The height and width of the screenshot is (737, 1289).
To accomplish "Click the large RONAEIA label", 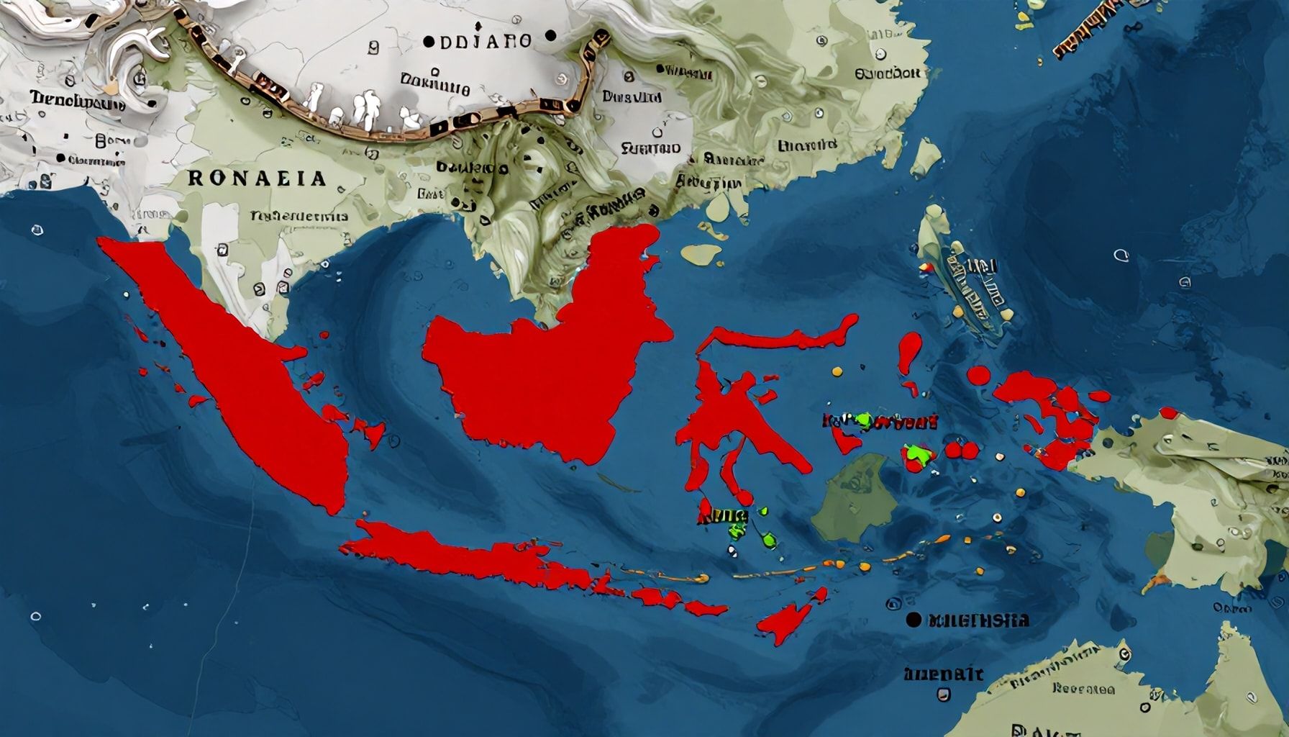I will pos(257,178).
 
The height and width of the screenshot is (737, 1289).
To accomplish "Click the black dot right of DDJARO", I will pos(551,35).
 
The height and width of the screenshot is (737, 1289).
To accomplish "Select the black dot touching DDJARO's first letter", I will pos(428,42).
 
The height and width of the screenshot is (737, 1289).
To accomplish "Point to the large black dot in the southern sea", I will pos(914,619).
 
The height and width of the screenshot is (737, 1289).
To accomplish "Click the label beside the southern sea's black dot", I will pos(978,620).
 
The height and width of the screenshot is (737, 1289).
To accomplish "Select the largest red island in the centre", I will pos(547,360).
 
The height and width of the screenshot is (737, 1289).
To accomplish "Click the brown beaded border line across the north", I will pos(403,130).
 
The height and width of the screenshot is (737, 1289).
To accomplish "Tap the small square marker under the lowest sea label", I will pos(943,695).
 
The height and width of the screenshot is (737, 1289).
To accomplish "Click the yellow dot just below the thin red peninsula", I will pos(836,371).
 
